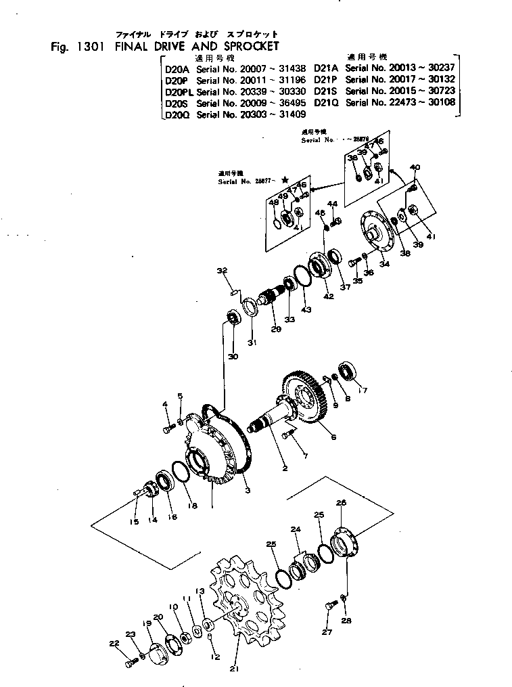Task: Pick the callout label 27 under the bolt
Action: pos(327,633)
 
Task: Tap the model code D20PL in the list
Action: pos(179,91)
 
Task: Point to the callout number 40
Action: pos(415,167)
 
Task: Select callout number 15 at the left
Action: pos(134,521)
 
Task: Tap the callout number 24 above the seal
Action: pos(295,529)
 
